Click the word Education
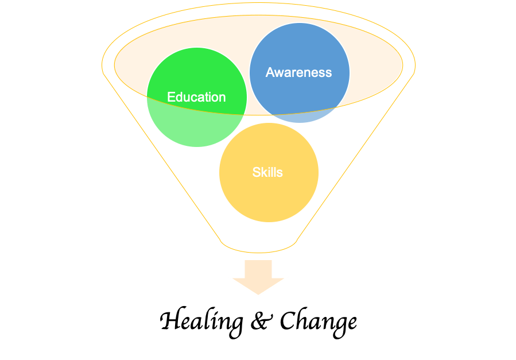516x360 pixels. coord(196,97)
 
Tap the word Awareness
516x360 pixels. coord(299,72)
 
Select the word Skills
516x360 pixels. coord(267,172)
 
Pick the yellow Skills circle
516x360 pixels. coord(269,172)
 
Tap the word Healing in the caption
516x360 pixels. coord(201,322)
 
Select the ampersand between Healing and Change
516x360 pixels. coord(262,321)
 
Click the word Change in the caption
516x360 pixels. coord(318,323)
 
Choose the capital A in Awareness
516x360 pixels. coord(270,72)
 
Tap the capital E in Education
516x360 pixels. coord(171,97)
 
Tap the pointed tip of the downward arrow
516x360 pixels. coord(258,295)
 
